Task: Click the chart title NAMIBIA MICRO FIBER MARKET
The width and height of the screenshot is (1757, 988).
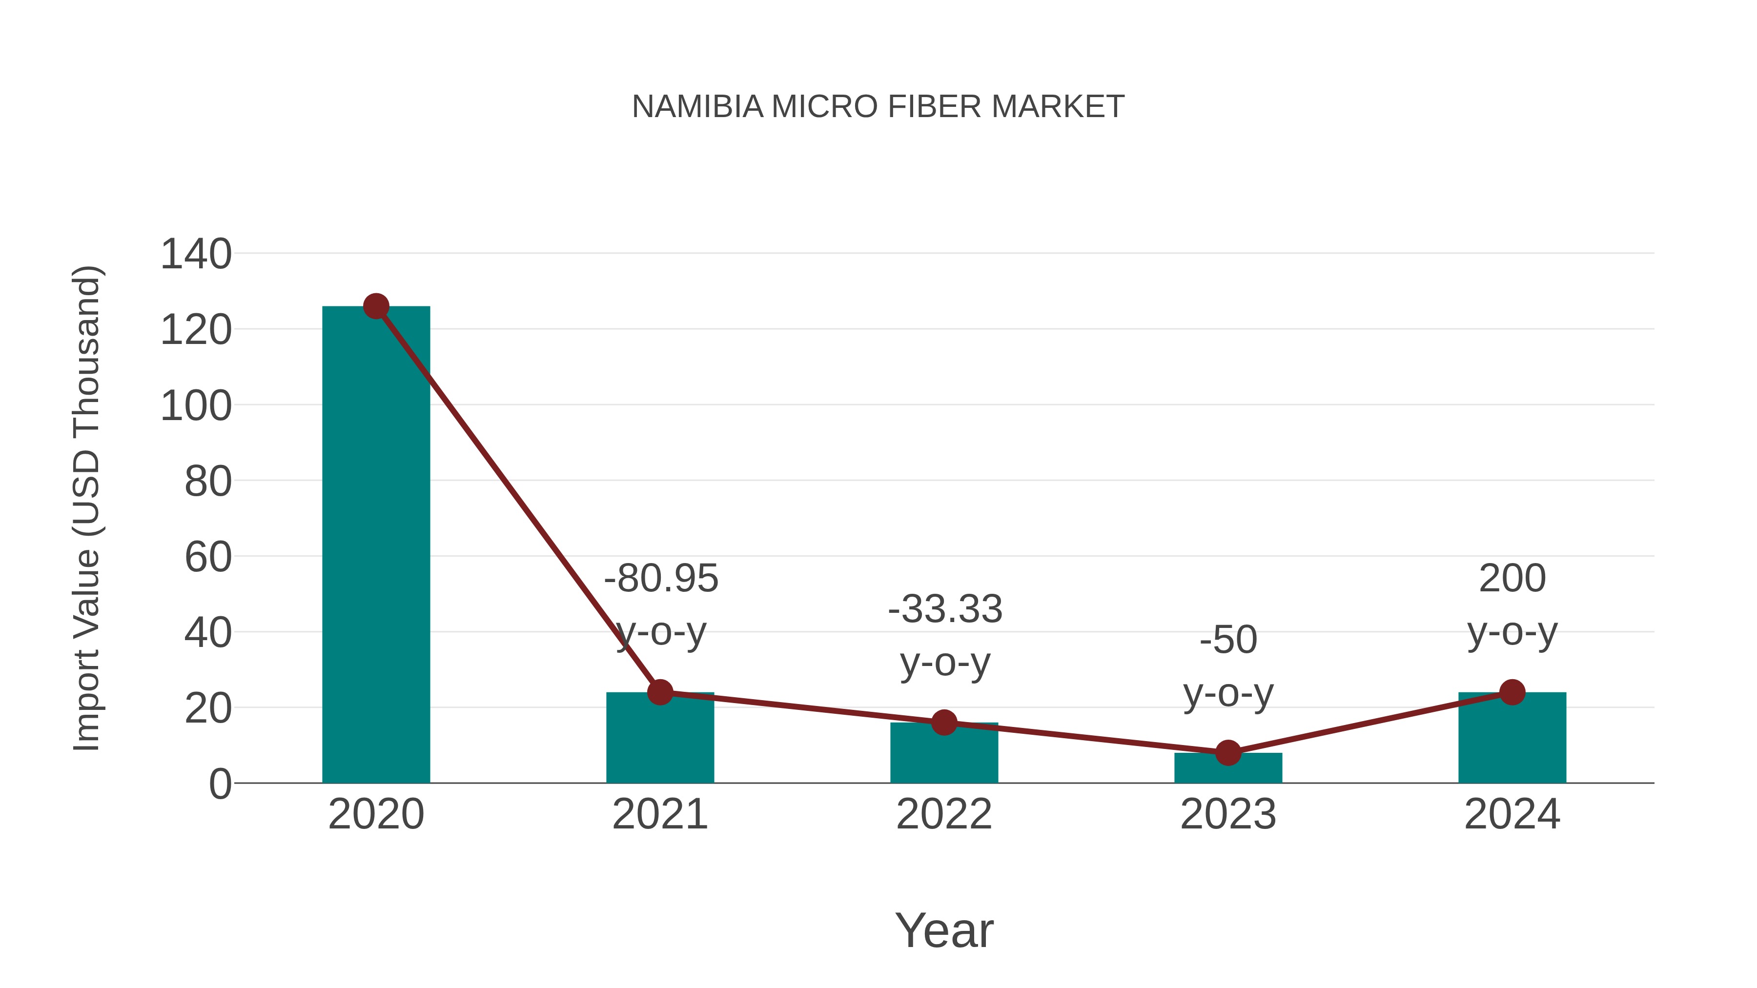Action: pos(878,107)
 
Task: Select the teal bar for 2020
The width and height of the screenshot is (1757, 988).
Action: pos(376,545)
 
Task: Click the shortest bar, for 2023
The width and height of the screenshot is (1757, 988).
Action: pos(1228,768)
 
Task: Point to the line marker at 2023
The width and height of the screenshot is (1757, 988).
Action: pos(1228,753)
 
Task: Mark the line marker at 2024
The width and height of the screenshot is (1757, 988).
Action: pos(1512,692)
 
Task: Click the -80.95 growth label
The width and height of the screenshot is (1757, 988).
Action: pos(661,578)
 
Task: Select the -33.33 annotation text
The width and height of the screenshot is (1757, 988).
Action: pos(945,609)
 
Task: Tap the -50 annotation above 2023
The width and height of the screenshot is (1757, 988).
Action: pos(1228,640)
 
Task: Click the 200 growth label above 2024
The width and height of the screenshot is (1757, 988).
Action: pos(1512,578)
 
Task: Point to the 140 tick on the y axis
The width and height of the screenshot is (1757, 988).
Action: pos(196,254)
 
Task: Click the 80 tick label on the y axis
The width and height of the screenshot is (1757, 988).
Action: pos(208,482)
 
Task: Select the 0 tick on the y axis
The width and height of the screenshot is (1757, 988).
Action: pos(220,784)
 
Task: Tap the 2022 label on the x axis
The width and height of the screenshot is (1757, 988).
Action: pos(944,814)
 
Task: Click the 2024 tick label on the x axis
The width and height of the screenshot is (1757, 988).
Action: pos(1512,814)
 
